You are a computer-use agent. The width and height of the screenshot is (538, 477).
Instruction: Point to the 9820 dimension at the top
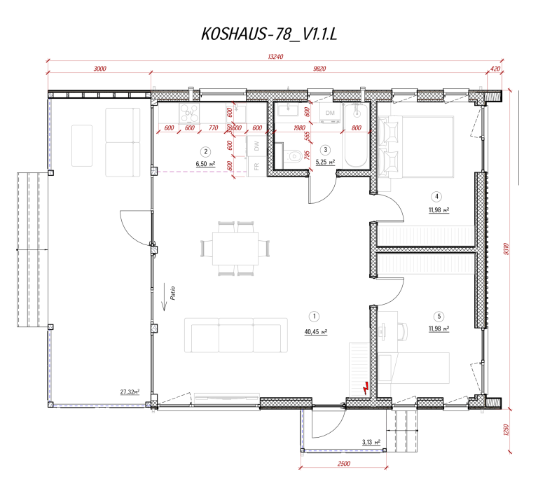point(320,69)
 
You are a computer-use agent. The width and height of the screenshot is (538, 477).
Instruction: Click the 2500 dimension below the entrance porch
point(343,464)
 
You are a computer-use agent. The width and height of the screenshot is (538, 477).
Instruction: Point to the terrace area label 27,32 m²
point(129,392)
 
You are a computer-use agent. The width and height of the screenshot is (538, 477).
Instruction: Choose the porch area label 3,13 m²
point(371,442)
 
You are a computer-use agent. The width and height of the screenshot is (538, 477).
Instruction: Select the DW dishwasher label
point(257,146)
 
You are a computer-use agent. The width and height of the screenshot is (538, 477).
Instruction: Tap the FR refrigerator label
point(257,166)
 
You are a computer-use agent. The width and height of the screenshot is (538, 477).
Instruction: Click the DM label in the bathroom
point(330,113)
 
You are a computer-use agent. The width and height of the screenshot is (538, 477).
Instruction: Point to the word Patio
point(171,292)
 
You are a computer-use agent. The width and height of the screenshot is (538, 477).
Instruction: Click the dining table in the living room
point(235,247)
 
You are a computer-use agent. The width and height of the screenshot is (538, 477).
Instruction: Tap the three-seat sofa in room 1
point(235,335)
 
